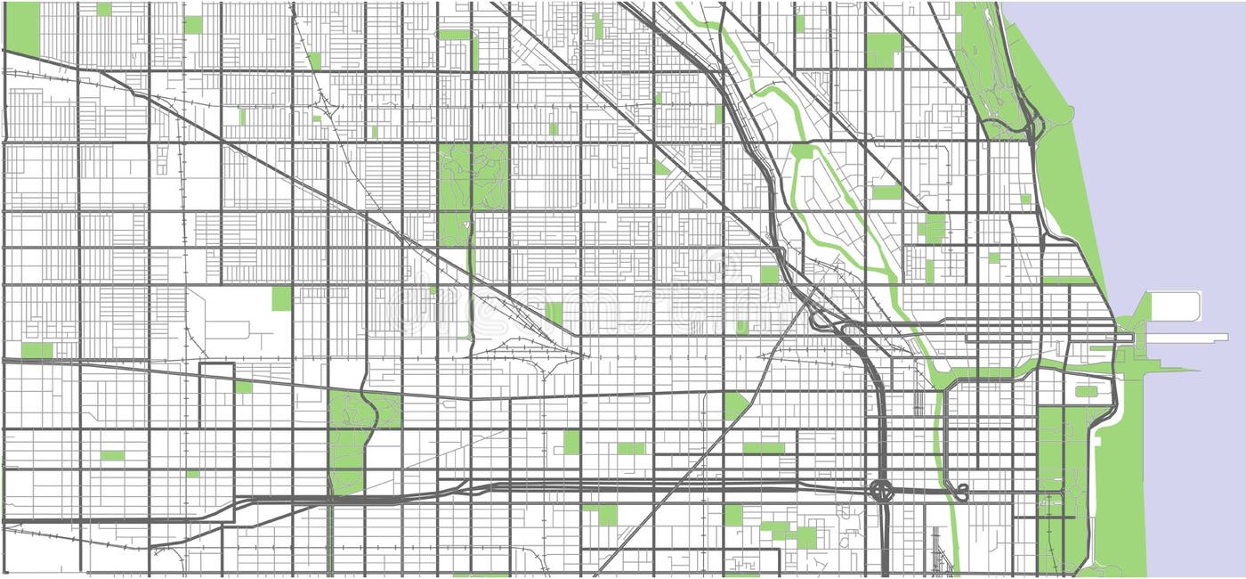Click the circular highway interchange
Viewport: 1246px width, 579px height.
point(881,489)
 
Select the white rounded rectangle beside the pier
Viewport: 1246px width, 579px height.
point(1175,306)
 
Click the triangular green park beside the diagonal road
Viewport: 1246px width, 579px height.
point(734,405)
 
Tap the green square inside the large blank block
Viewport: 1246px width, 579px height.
point(281,298)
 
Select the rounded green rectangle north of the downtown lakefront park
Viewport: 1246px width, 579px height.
point(1086,391)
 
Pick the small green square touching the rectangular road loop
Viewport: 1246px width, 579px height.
point(243,387)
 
